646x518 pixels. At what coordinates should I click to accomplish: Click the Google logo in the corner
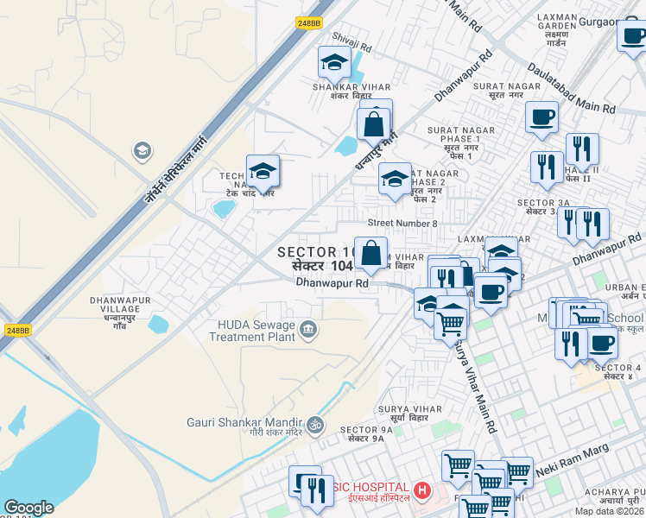28,508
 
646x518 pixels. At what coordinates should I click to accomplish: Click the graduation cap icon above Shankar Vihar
333,61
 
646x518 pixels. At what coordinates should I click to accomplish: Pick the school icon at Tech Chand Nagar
263,170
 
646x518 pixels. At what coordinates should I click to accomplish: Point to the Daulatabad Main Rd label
571,88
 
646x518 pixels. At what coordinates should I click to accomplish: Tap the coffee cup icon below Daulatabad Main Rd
541,117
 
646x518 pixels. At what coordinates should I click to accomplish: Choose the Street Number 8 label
402,223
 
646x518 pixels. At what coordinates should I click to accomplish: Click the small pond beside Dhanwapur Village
158,325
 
